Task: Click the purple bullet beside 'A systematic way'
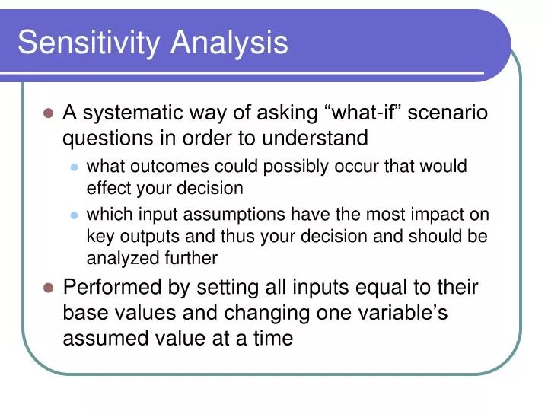pos(48,113)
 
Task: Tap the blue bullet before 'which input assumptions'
pos(74,216)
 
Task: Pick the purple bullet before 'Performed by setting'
pos(48,288)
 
